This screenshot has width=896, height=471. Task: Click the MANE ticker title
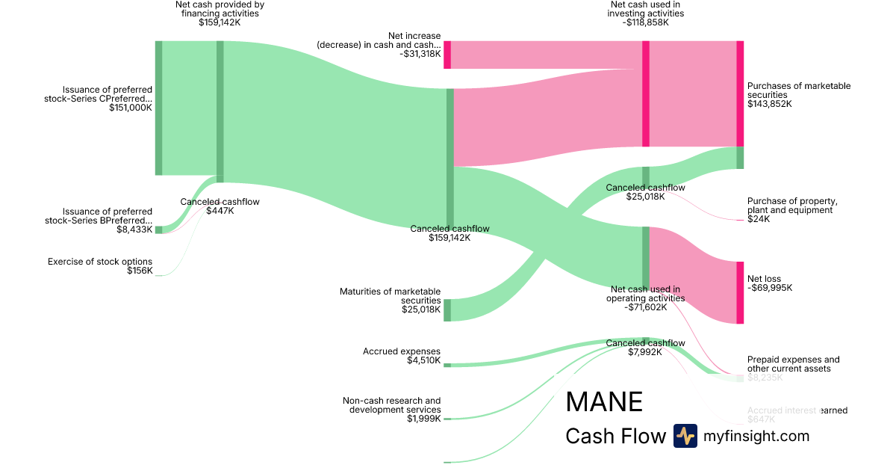pyautogui.click(x=604, y=402)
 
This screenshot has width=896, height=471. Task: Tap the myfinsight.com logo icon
pyautogui.click(x=685, y=436)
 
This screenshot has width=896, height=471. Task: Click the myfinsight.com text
pyautogui.click(x=756, y=436)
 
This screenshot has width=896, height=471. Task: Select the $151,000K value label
pyautogui.click(x=131, y=108)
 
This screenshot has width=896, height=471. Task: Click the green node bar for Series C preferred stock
pyautogui.click(x=158, y=108)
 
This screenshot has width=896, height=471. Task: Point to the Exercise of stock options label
pyautogui.click(x=100, y=262)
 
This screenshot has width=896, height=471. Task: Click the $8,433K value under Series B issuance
pyautogui.click(x=134, y=230)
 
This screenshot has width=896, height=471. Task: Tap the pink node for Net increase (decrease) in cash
pyautogui.click(x=447, y=55)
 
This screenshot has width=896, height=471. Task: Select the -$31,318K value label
pyautogui.click(x=420, y=54)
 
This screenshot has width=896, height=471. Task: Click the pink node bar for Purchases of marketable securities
pyautogui.click(x=740, y=93)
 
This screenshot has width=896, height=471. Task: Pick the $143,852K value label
pyautogui.click(x=770, y=104)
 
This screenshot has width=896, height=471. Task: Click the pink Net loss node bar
pyautogui.click(x=740, y=292)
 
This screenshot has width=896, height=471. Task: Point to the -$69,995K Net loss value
pyautogui.click(x=770, y=288)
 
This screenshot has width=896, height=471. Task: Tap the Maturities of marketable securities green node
pyautogui.click(x=447, y=310)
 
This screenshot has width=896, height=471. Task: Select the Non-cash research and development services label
pyautogui.click(x=391, y=405)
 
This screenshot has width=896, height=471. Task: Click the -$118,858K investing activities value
pyautogui.click(x=645, y=22)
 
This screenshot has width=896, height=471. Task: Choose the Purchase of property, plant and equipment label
pyautogui.click(x=792, y=206)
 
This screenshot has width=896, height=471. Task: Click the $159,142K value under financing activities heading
pyautogui.click(x=220, y=22)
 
